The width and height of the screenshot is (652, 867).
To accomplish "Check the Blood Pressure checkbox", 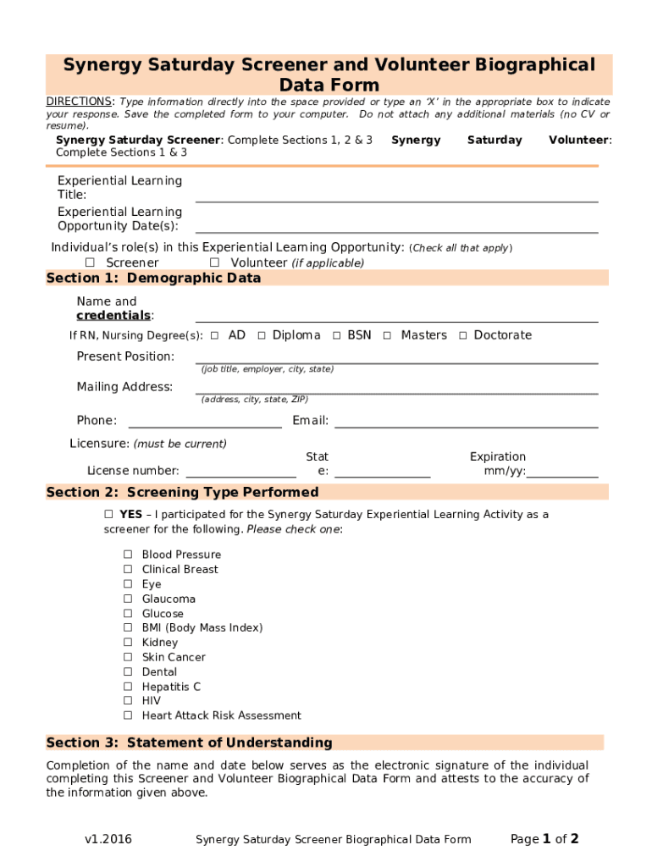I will (x=128, y=555).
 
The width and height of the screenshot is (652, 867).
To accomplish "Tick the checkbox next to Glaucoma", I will (x=128, y=599).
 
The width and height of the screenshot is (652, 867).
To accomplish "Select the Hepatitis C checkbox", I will (x=128, y=687).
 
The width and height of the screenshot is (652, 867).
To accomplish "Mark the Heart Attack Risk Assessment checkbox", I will (x=128, y=715).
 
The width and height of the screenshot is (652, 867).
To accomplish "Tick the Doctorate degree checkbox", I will (x=463, y=335).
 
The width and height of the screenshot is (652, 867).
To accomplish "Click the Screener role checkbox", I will (x=90, y=262).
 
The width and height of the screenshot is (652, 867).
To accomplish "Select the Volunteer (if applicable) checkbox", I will (x=214, y=262).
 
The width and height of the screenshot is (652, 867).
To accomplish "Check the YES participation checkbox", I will (x=108, y=514).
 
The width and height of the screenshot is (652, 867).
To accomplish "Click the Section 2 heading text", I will (x=182, y=492).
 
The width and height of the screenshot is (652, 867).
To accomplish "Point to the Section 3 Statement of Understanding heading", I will (x=189, y=743).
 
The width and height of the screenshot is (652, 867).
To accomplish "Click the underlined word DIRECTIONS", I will (x=80, y=102).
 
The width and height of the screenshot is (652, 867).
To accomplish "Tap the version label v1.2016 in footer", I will (x=108, y=840).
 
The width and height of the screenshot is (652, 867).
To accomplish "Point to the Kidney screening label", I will (x=160, y=643).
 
